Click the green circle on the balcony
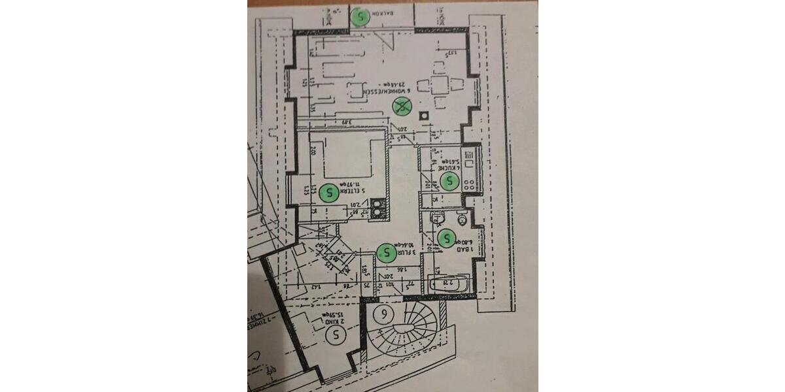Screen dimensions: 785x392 (x=360, y=17)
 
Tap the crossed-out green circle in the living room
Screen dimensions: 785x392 (x=401, y=108)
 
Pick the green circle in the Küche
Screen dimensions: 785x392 (x=449, y=182)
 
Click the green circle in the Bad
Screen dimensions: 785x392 (x=447, y=238)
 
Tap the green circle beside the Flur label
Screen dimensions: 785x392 (x=386, y=250)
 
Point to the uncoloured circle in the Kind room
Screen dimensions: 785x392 (x=336, y=336)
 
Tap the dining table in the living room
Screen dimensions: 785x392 (x=439, y=85)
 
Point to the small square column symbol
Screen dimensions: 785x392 (x=425, y=116)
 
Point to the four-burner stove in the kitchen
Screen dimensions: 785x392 (x=469, y=184)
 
